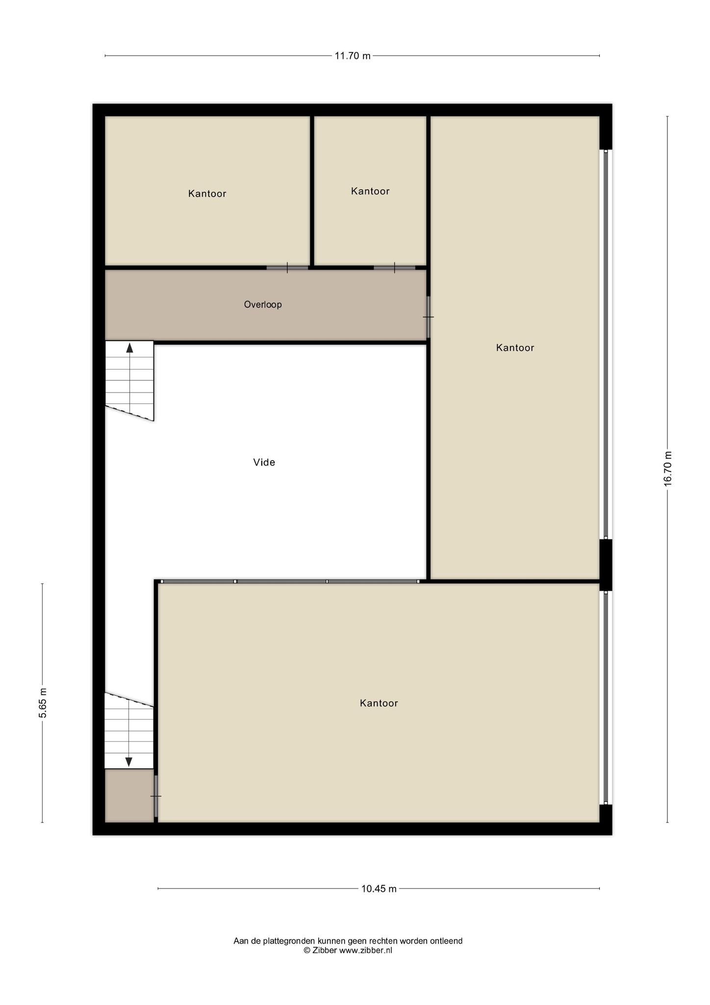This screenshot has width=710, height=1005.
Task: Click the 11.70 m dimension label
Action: pos(353,56)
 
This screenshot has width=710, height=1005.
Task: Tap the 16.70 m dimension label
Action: pos(667,469)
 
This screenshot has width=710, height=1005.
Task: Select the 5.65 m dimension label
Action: pos(43,703)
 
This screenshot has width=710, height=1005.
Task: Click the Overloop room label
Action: pos(263,305)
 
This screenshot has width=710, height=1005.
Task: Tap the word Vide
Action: pos(264,462)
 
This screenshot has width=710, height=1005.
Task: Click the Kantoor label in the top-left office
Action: pos(207,194)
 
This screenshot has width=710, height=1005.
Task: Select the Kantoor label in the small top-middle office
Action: pos(370,191)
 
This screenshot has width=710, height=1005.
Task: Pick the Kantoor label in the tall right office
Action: pos(515,348)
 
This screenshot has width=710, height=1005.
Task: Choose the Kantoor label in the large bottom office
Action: pos(379,703)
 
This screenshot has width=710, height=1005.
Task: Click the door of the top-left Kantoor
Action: pos(287,268)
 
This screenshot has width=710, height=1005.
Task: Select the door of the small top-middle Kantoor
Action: pos(394,268)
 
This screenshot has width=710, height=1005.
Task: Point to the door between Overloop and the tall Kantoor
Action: pos(428,317)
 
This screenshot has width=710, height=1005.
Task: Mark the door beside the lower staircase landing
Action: pos(156,796)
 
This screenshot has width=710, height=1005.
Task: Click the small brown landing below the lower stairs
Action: pos(129,795)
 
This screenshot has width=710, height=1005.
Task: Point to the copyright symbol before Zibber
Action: pos(307,950)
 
